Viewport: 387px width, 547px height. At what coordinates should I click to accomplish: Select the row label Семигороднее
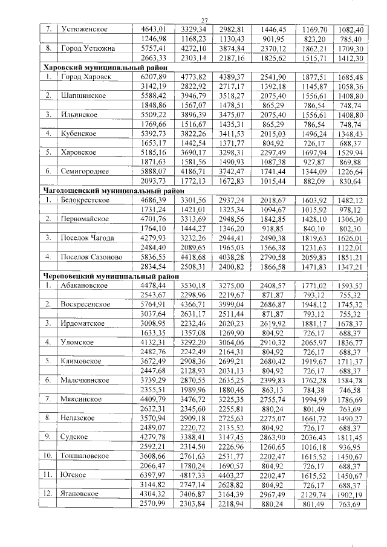click(x=86, y=172)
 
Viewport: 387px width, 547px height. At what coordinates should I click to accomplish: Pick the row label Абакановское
click(x=87, y=285)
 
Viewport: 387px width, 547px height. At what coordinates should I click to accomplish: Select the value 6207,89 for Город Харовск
click(x=153, y=77)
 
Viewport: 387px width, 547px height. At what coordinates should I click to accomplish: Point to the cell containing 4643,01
click(x=153, y=29)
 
